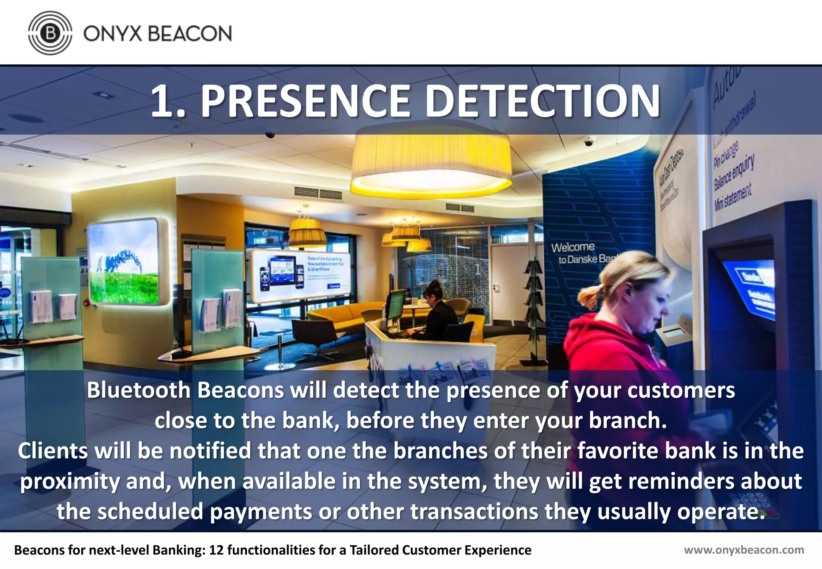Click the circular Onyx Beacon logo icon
50,33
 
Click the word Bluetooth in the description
138,390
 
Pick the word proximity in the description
69,482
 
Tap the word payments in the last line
260,512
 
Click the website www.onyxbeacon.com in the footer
744,550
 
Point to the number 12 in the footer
216,550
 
